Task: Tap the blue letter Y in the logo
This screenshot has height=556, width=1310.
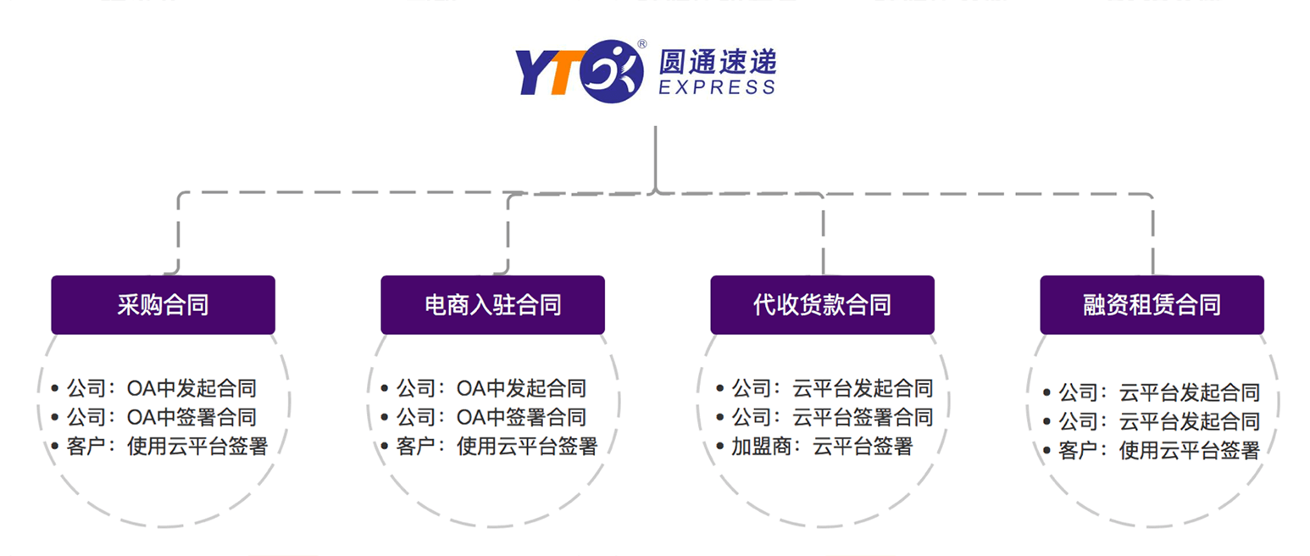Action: [x=533, y=72]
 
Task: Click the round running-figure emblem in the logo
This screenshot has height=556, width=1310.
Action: [x=612, y=71]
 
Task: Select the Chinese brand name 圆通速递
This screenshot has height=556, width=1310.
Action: [x=718, y=62]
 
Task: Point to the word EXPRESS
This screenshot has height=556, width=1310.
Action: [x=717, y=87]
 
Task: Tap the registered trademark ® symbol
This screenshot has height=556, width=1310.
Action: [x=642, y=44]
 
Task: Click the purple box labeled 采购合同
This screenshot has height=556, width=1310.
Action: [x=164, y=305]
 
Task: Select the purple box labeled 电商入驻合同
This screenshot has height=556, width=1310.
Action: [x=492, y=305]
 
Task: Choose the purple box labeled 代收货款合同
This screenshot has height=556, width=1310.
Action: [x=822, y=305]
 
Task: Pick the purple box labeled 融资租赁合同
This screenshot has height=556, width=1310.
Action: [x=1152, y=305]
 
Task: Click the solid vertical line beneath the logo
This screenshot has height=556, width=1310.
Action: [x=656, y=158]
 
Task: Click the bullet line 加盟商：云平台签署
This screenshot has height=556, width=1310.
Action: [x=814, y=447]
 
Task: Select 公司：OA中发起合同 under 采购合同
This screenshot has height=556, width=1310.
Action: [x=154, y=388]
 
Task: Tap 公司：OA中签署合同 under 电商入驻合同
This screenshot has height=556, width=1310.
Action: [x=484, y=417]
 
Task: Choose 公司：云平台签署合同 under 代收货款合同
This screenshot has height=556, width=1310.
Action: [x=824, y=417]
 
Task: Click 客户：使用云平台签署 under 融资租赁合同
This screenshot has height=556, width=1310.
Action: [x=1152, y=450]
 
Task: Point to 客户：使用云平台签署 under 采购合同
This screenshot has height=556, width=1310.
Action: [x=159, y=447]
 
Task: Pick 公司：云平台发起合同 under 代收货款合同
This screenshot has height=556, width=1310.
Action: [x=824, y=388]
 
